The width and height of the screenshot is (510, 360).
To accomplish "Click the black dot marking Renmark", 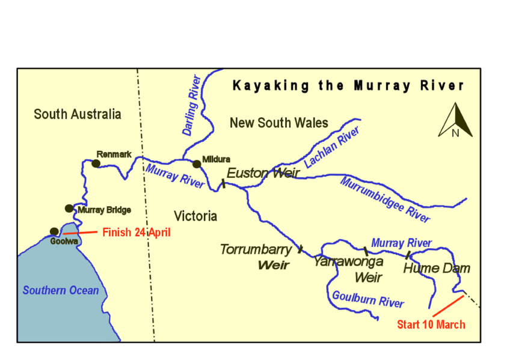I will coord(96,163).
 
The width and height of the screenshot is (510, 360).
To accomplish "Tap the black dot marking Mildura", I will coord(196,164).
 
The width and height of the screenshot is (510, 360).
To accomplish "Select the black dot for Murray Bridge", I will coord(69,209).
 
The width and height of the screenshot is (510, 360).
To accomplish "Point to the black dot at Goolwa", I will coord(54,231).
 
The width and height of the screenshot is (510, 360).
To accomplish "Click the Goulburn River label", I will coord(368,299).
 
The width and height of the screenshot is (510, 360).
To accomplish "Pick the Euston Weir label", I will coord(263,173).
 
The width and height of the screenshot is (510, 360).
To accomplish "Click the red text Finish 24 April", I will coord(137,231).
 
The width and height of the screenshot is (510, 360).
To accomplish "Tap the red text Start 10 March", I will coord(431,325).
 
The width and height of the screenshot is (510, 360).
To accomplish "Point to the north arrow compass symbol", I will coord(455,121).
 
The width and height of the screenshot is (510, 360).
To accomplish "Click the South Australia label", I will coord(77,114).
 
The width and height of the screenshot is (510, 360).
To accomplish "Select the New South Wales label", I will coord(278,123).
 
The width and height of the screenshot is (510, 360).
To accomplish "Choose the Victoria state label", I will coord(195,216).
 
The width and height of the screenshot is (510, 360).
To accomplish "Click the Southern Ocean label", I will coord(61,290).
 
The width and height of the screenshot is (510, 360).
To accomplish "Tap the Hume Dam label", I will coord(436,268).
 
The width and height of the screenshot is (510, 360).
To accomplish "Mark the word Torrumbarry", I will coord(256,249).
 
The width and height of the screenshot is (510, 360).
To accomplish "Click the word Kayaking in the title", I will coord(262,86).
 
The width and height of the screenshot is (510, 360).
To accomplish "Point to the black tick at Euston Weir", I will coord(223,183).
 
